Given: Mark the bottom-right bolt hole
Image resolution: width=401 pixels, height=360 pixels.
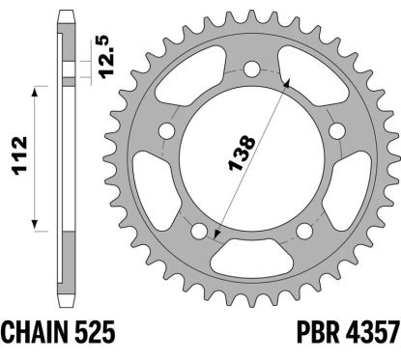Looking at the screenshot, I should point(305,230).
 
